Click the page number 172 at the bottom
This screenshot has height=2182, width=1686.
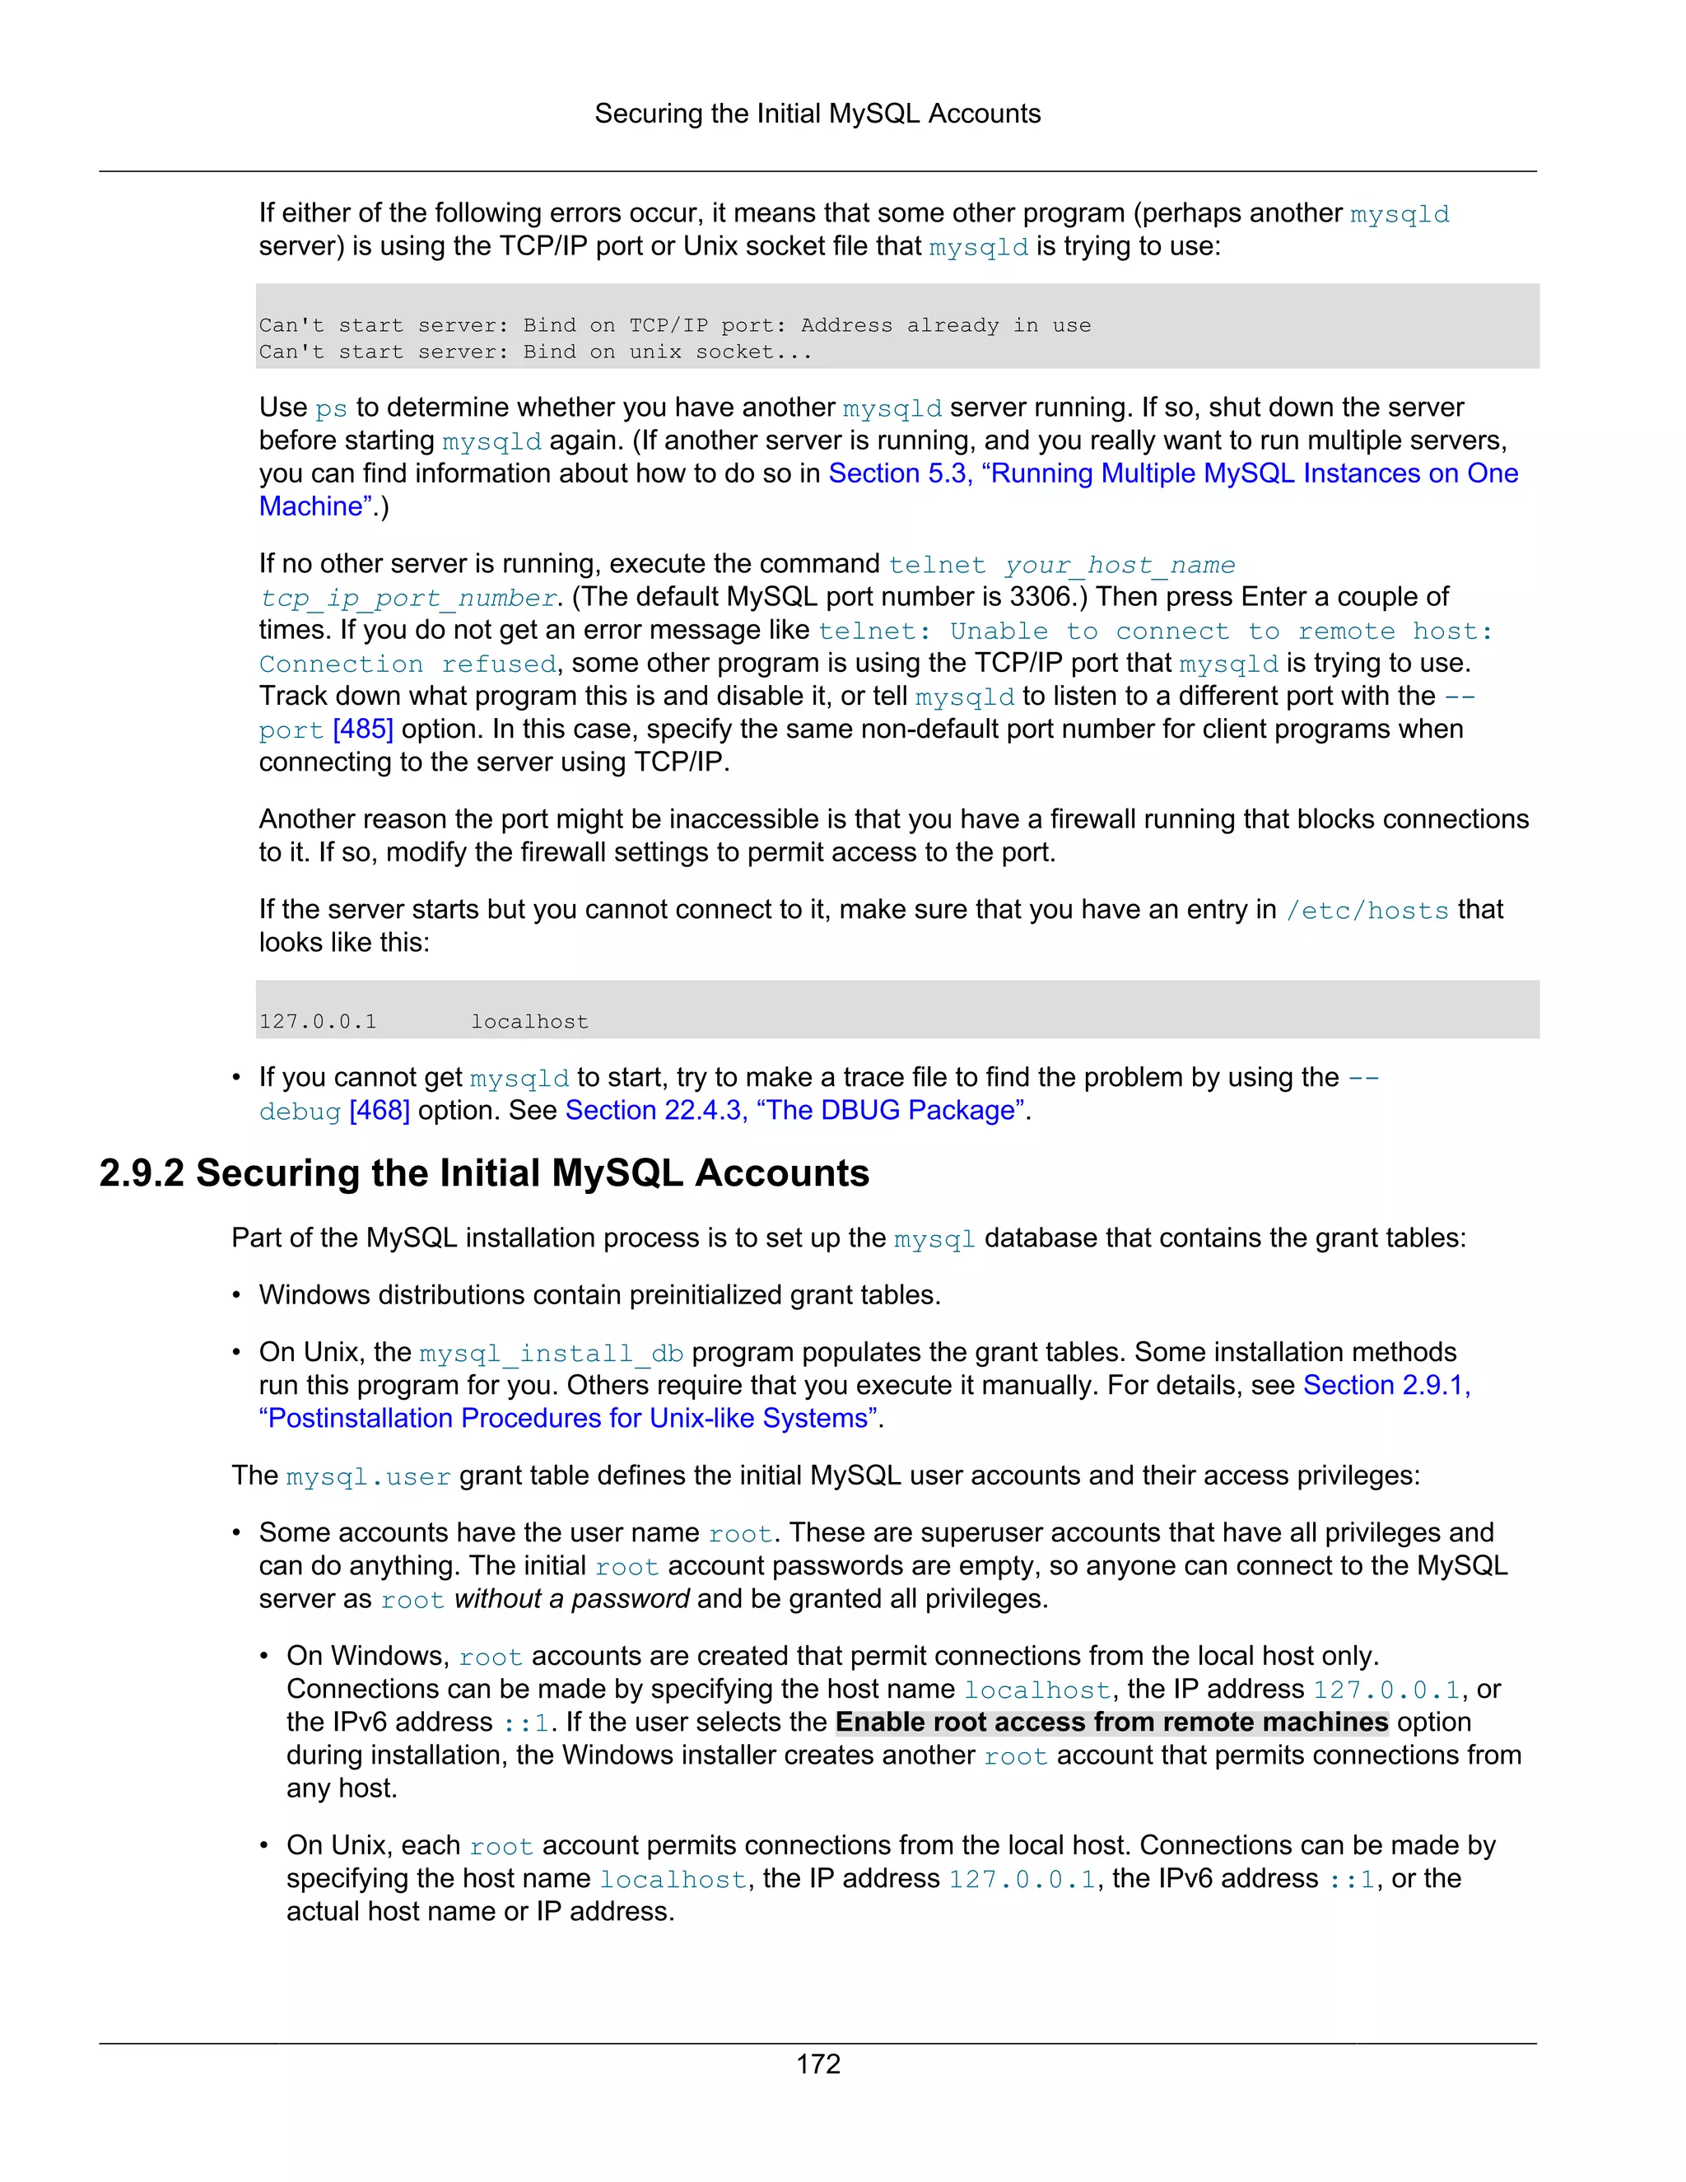tap(818, 2064)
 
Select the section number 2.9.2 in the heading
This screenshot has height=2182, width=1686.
tap(141, 1173)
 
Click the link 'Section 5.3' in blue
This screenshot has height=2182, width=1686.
tap(898, 473)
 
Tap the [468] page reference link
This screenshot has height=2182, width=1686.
tap(380, 1111)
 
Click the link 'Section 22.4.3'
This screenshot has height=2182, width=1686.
tap(655, 1111)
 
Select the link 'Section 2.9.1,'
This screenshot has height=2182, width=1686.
tap(1386, 1386)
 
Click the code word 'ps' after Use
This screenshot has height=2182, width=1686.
tap(331, 408)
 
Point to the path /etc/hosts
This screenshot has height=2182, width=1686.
tap(1367, 910)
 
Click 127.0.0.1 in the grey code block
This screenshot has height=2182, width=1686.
tap(318, 1022)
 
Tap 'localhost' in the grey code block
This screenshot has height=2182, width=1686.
tap(529, 1022)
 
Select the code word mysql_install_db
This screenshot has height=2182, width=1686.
tap(551, 1354)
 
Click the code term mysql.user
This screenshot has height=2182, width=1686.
tap(367, 1476)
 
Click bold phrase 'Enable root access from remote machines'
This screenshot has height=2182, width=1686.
tap(1111, 1723)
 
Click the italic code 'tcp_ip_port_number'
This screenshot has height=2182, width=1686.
tap(408, 599)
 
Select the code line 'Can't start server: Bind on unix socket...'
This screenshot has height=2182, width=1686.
tap(535, 352)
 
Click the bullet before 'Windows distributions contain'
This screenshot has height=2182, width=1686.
tap(237, 1296)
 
